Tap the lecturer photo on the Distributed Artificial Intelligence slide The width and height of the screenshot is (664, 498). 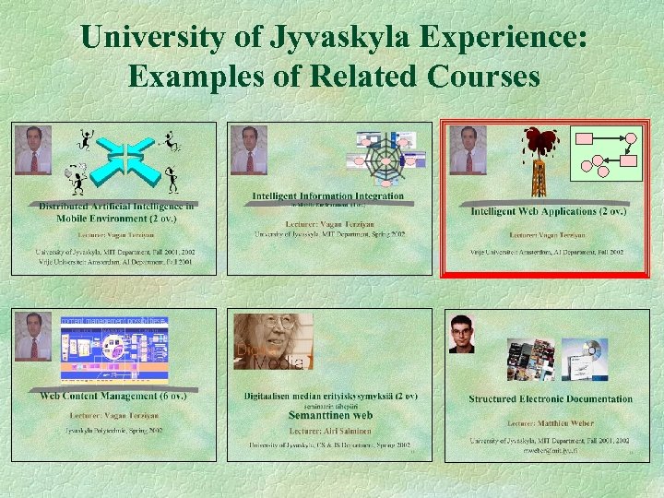pyautogui.click(x=33, y=149)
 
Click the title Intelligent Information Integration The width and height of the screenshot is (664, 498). pyautogui.click(x=328, y=196)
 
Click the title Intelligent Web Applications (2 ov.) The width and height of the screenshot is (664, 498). pyautogui.click(x=548, y=211)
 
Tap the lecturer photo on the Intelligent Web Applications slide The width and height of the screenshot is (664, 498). pyautogui.click(x=468, y=149)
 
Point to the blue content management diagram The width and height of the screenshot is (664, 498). pyautogui.click(x=114, y=349)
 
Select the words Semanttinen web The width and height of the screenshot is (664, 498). pyautogui.click(x=330, y=416)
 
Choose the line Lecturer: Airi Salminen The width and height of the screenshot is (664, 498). pyautogui.click(x=330, y=430)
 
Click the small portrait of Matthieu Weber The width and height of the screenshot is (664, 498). pyautogui.click(x=461, y=334)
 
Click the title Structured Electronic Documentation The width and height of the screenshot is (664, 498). pyautogui.click(x=551, y=399)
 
